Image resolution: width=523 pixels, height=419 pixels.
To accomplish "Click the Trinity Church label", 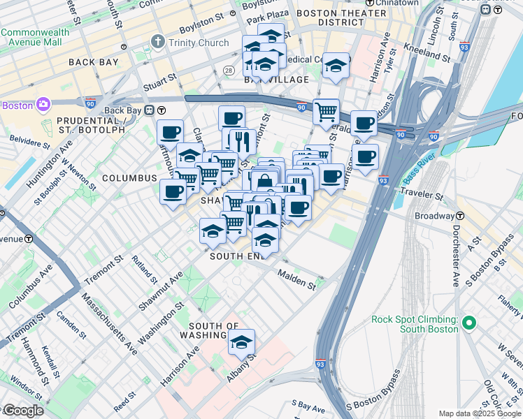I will (x=199, y=43).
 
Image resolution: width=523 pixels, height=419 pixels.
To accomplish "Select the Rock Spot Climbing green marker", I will (x=469, y=323).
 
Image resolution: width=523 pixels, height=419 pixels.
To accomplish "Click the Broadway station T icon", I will (x=461, y=216).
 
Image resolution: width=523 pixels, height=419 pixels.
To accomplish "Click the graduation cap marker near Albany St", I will (x=242, y=343).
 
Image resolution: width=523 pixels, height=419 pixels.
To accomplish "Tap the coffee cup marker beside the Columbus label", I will (x=173, y=191).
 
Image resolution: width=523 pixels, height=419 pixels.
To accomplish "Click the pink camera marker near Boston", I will (x=43, y=105).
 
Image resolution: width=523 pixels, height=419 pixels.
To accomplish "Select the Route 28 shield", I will (x=228, y=71).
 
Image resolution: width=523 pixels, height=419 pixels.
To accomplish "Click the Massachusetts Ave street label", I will (x=108, y=321).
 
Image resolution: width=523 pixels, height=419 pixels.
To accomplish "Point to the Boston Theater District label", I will (x=342, y=17).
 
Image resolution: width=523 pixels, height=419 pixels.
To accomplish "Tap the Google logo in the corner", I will (x=22, y=411).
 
